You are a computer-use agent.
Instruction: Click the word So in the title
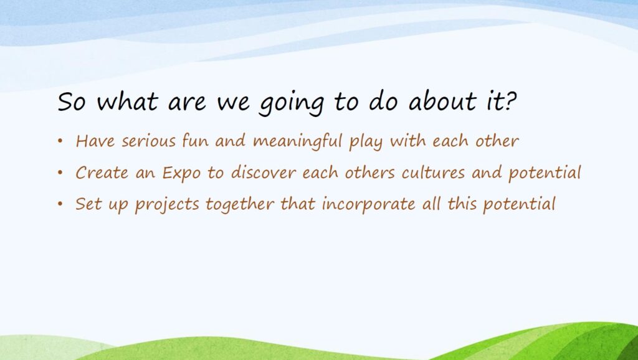click(x=72, y=102)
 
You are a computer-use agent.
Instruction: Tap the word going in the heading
click(x=292, y=103)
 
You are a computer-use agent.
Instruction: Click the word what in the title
click(x=127, y=101)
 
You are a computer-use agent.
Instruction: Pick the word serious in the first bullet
click(x=149, y=141)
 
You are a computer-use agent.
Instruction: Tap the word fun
click(x=195, y=141)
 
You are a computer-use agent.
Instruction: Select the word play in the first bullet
click(x=366, y=143)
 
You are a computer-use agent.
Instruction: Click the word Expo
click(x=181, y=173)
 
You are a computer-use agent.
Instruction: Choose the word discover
click(x=264, y=173)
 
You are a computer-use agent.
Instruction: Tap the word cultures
click(x=433, y=173)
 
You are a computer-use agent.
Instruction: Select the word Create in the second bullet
click(x=102, y=173)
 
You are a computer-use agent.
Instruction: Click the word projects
click(x=167, y=205)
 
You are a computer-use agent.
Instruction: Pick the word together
click(x=240, y=205)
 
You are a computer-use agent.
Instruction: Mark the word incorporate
click(x=369, y=205)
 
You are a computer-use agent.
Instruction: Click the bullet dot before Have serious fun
click(x=60, y=141)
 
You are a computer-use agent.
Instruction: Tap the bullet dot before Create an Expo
click(x=60, y=173)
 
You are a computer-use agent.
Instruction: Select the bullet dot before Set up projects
click(x=60, y=204)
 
